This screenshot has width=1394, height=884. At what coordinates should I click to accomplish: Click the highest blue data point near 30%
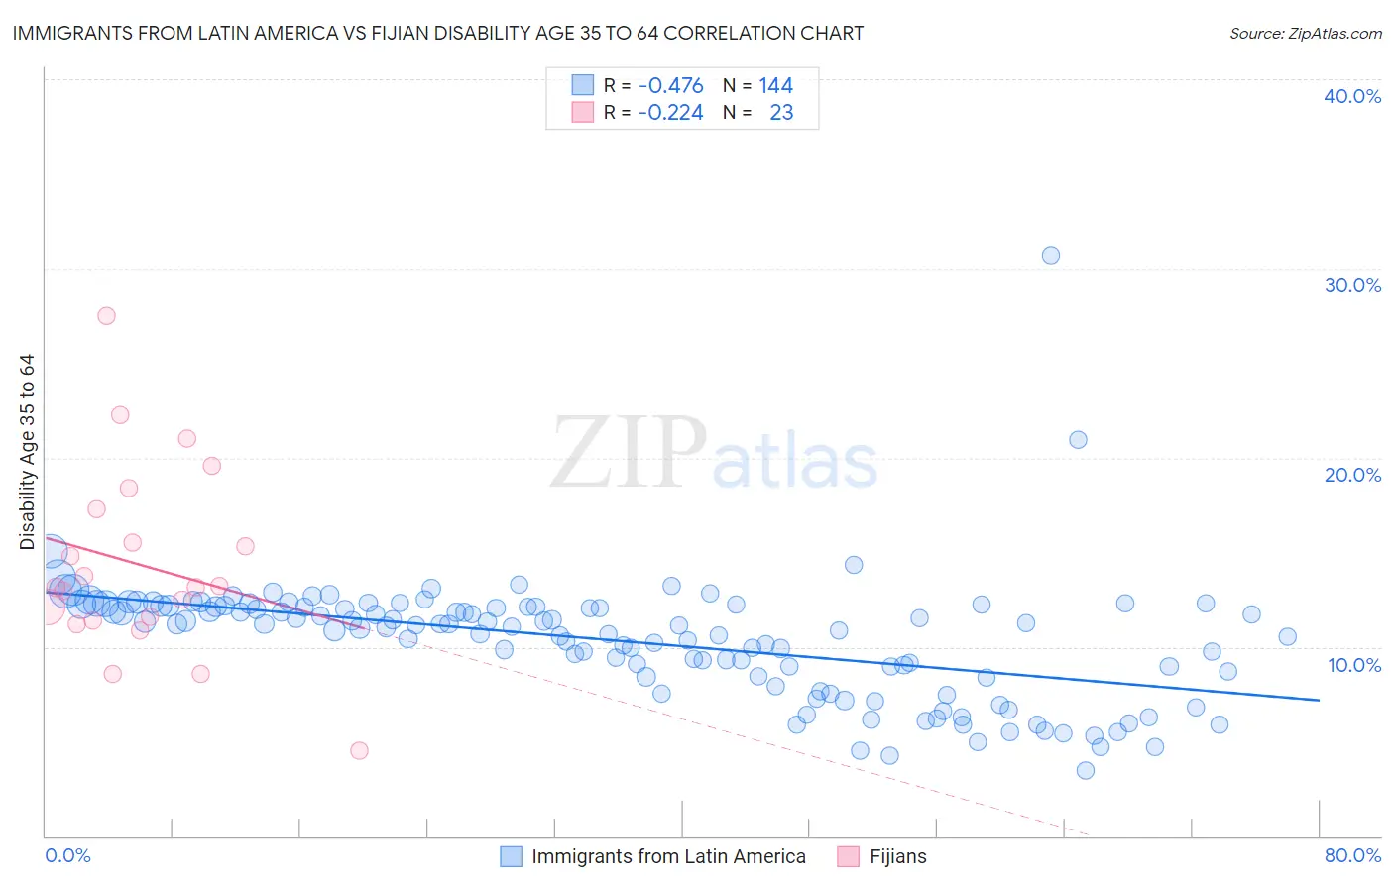(1051, 255)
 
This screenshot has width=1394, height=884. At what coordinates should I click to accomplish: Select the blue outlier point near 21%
(1078, 439)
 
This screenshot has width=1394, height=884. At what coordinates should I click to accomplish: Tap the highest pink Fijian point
(106, 316)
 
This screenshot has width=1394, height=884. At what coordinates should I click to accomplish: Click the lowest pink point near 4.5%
(359, 750)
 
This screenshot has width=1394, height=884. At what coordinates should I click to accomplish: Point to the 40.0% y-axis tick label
(1352, 96)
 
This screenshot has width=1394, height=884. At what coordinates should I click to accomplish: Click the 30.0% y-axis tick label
(1352, 285)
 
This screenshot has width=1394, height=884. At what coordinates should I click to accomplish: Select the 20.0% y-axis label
(1352, 475)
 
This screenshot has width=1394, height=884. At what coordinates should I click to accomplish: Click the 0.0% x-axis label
(67, 855)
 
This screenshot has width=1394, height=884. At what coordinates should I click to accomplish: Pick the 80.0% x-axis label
(1352, 855)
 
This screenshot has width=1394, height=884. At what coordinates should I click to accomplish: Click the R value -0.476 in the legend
(670, 86)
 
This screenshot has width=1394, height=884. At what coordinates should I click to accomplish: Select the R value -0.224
(670, 113)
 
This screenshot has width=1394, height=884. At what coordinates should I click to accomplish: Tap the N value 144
(776, 86)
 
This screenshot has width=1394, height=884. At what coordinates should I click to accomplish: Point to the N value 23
(781, 113)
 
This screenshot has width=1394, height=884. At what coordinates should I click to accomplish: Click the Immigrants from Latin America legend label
(668, 856)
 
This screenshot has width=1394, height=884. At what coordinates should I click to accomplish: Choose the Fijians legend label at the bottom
(898, 856)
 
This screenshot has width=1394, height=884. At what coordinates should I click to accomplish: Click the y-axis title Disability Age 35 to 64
(27, 452)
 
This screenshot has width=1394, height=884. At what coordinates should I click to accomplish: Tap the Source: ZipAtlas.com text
(1305, 33)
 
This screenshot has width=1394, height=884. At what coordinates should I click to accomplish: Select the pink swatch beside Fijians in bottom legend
(848, 856)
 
